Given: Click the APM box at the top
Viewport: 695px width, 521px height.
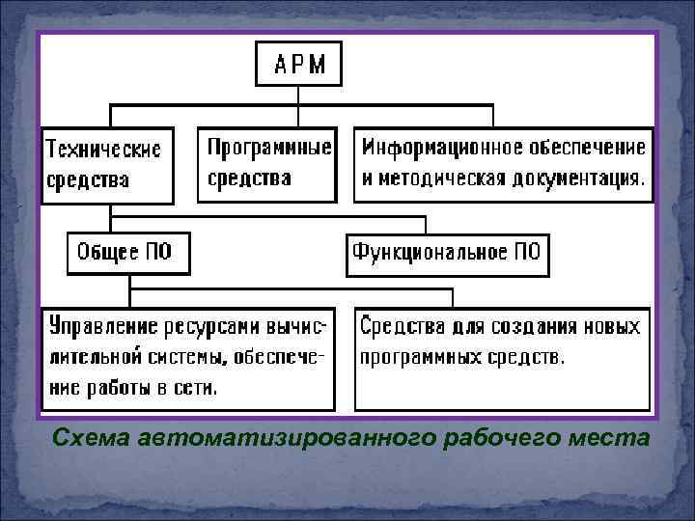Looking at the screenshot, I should tap(298, 65).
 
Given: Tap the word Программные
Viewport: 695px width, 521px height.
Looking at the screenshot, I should tap(269, 148).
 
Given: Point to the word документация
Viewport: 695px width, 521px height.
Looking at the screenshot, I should tap(580, 178).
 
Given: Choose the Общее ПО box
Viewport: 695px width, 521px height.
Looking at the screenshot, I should tap(127, 253).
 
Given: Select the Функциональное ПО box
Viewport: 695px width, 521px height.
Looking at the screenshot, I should tap(447, 253).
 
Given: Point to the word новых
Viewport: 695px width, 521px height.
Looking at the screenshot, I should tap(609, 326).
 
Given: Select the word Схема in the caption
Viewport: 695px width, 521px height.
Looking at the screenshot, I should tap(93, 437).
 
